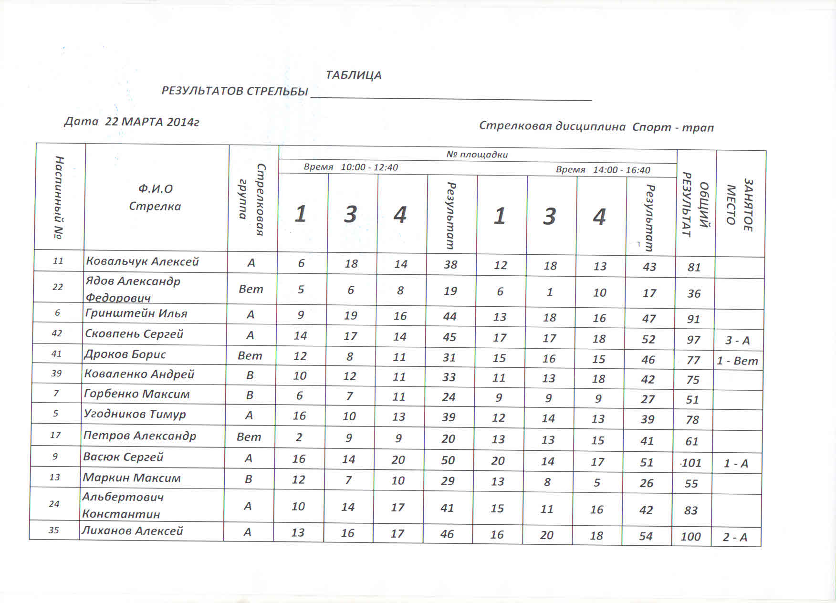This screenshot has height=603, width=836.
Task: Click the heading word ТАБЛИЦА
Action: pos(354,75)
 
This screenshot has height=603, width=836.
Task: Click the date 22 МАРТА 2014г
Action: pos(152,122)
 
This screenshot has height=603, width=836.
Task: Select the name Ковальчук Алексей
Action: pos(142,261)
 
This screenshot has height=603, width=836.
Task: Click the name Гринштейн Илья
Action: pos(136,313)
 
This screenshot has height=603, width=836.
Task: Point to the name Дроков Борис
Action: pos(125,354)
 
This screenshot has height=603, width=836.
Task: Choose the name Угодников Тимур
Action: pos(135,414)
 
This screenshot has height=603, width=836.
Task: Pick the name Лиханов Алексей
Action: pos(132,531)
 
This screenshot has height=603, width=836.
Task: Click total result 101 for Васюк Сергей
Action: pos(691,463)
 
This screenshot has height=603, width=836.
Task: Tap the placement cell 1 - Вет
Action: pos(737,361)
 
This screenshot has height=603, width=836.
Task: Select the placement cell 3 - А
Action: pos(737,341)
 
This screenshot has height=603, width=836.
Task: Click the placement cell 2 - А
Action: pos(735,538)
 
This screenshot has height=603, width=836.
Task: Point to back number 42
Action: pos(57,333)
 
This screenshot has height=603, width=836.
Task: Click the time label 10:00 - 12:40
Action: pos(369,167)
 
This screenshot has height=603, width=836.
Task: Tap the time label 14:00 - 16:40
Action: pos(621,170)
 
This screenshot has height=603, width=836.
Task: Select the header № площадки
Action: pos(477,155)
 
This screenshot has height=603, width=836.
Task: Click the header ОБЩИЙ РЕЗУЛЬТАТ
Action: pos(695,204)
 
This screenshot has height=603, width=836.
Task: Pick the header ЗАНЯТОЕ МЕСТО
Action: pos(739,205)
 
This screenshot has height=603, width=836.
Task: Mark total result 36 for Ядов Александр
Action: pos(694,294)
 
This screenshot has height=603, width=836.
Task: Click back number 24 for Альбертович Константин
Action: pos(54,504)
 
